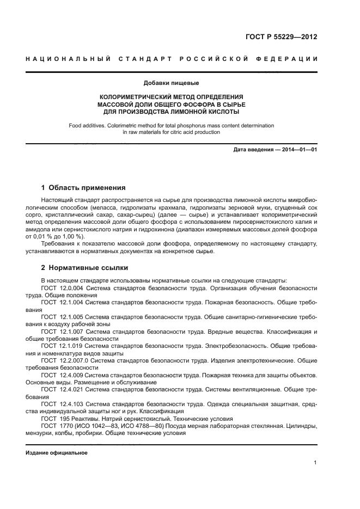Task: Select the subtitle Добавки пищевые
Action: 171,83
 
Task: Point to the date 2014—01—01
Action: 297,149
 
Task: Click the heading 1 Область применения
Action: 83,188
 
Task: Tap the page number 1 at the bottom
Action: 315,463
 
